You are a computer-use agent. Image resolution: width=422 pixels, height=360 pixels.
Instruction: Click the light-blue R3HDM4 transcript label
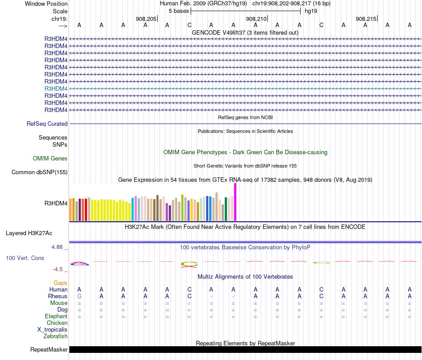click(x=56, y=88)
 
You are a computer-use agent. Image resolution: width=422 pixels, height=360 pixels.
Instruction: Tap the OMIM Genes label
click(x=50, y=158)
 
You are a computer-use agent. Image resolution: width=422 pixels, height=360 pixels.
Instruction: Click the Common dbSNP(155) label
click(x=40, y=172)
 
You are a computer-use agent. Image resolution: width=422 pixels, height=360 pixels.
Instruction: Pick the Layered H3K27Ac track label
click(x=29, y=233)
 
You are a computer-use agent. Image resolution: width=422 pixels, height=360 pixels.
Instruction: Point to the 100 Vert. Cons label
click(x=25, y=258)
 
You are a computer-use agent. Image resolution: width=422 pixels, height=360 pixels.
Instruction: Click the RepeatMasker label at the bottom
click(x=49, y=350)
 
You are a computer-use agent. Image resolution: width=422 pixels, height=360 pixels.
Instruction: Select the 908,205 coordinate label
click(x=146, y=19)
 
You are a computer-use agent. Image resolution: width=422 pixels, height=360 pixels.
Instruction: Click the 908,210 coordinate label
click(x=256, y=19)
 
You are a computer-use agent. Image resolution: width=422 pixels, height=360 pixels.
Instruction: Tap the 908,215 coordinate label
click(x=366, y=19)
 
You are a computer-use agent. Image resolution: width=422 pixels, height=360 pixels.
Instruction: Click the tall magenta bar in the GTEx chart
click(x=235, y=202)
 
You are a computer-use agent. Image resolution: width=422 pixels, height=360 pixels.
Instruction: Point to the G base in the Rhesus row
click(x=80, y=296)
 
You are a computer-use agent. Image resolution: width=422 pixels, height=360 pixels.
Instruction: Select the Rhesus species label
click(x=58, y=296)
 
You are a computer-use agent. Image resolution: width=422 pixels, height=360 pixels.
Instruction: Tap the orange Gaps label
click(x=60, y=283)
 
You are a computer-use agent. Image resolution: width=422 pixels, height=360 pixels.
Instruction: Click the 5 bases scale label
click(x=179, y=11)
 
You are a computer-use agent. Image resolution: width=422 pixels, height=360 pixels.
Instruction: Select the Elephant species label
click(x=56, y=316)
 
